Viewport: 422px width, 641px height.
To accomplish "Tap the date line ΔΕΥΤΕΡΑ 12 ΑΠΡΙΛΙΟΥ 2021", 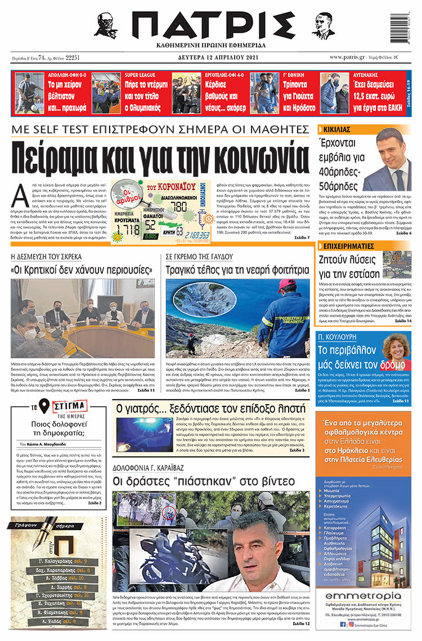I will [212, 57].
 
